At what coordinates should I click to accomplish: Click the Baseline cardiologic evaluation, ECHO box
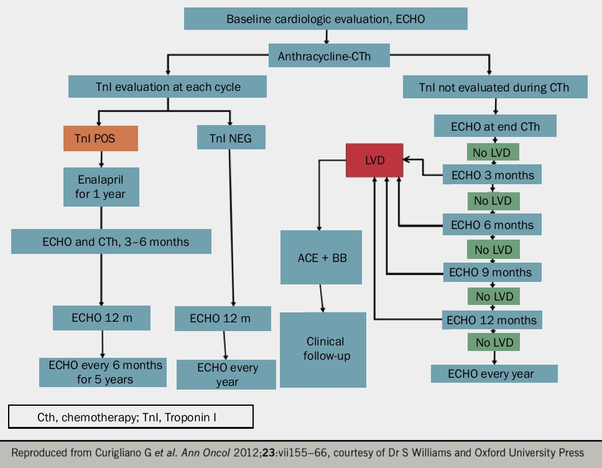(325, 19)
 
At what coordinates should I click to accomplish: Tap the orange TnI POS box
(100, 138)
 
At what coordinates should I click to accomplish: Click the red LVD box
(374, 160)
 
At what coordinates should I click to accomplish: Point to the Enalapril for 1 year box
(100, 187)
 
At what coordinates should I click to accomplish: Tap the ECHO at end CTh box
(494, 127)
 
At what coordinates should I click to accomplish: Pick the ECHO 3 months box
(491, 175)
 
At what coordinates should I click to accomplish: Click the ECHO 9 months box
(491, 272)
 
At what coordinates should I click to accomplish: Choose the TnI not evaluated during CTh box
(494, 87)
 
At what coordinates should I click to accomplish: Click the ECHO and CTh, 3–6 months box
(111, 241)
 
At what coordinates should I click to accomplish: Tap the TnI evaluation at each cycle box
(168, 87)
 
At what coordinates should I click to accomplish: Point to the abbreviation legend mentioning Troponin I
(131, 417)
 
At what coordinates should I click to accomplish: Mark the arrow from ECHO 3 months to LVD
(423, 168)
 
